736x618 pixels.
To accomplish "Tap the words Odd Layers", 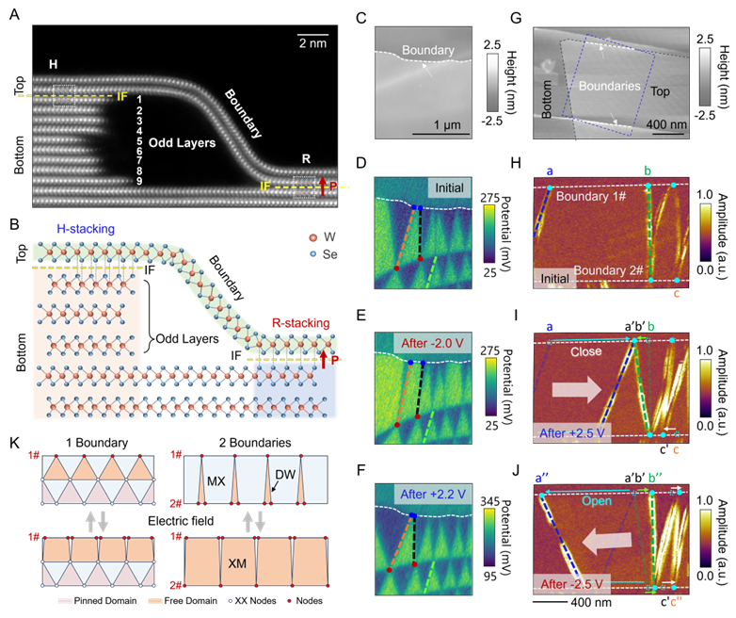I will click(184, 143).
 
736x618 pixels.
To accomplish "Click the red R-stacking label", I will click(301, 323).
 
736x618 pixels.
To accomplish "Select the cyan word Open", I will click(593, 501).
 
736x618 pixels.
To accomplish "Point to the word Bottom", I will click(549, 91).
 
